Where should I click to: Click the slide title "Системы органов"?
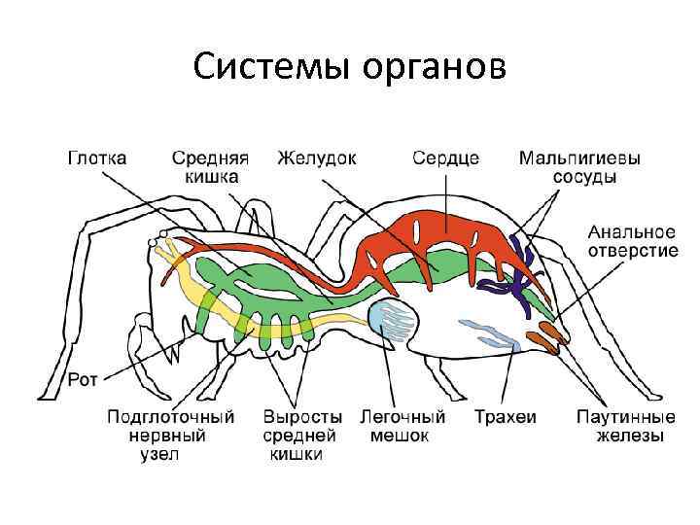tap(349, 67)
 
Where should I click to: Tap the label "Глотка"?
tap(102, 157)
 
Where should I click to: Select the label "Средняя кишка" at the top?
tap(210, 166)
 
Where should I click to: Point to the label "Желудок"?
tap(317, 157)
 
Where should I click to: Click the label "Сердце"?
tap(446, 157)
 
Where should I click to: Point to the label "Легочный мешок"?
tap(402, 426)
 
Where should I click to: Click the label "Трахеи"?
tap(505, 417)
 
